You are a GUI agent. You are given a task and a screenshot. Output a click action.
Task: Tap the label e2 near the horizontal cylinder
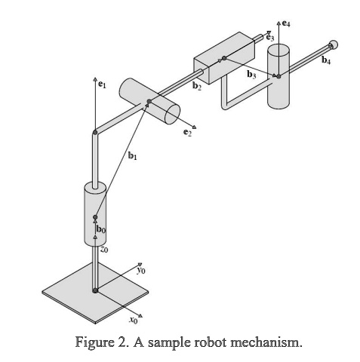pos(188,133)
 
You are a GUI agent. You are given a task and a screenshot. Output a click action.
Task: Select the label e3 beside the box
pos(269,38)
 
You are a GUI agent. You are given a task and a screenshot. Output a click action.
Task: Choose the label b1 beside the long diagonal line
pos(133,156)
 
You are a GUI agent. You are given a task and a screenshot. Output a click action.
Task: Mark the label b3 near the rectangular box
pos(251,75)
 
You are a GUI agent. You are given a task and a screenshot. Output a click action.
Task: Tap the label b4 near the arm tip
pos(326,61)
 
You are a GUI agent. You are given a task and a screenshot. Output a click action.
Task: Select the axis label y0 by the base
pos(140,268)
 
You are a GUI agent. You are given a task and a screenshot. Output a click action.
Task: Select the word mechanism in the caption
pos(266,343)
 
